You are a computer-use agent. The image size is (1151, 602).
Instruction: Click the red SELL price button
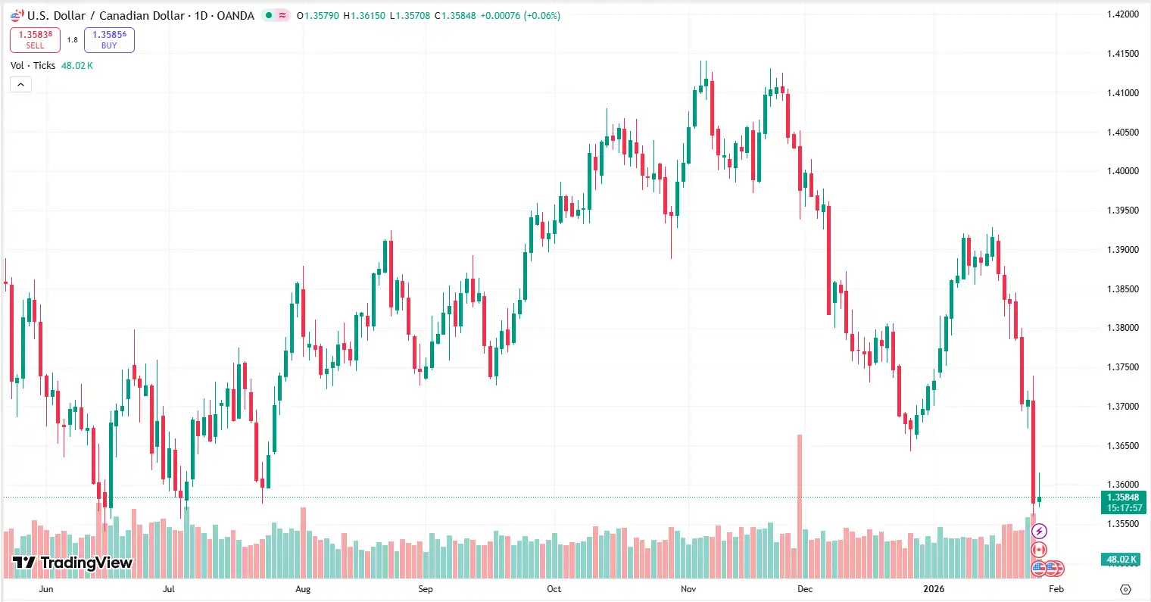[x=35, y=39]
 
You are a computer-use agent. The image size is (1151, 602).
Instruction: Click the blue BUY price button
[x=109, y=39]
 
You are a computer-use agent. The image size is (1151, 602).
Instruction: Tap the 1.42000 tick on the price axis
[x=1122, y=14]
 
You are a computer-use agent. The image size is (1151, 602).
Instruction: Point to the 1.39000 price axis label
[x=1122, y=250]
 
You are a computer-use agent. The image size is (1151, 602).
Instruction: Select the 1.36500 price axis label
[x=1122, y=446]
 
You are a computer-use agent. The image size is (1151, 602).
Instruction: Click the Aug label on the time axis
[x=303, y=589]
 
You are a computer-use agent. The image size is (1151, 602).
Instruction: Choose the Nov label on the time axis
[x=688, y=589]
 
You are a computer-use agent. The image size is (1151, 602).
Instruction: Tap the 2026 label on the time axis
[x=934, y=589]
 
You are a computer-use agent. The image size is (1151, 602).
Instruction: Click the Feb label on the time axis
[x=1056, y=589]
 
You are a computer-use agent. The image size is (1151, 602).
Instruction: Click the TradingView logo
[x=73, y=563]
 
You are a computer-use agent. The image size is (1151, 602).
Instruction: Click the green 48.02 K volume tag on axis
[x=1122, y=560]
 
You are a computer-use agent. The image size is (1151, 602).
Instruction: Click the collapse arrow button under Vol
[x=20, y=85]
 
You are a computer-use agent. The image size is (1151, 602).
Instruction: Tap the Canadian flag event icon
[x=1039, y=550]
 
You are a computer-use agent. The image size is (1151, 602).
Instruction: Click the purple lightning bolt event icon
[x=1039, y=532]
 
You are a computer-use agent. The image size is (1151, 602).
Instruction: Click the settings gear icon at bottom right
[x=1125, y=589]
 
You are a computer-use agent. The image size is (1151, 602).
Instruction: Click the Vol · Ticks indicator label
[x=33, y=66]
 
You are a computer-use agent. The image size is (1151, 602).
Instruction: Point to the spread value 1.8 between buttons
[x=72, y=39]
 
